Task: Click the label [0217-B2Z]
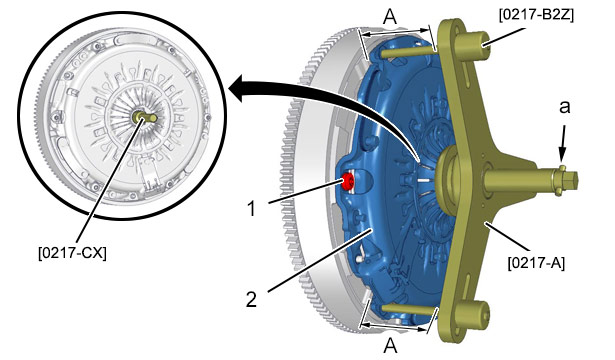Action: pos(536,15)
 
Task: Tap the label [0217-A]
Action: pos(536,262)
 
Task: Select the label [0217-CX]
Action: pos(72,253)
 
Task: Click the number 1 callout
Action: pos(251,209)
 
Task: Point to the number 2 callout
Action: pos(251,300)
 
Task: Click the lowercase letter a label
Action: pos(564,107)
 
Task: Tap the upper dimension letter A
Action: pos(389,17)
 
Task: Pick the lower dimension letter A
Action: pos(390,346)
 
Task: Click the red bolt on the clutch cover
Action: pos(348,181)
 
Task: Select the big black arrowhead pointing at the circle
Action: pos(240,89)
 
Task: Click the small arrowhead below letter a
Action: pos(563,156)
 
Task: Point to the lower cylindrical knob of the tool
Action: pos(473,316)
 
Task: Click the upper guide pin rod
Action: pos(409,51)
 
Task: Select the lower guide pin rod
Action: pos(409,310)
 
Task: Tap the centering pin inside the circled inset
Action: pos(145,117)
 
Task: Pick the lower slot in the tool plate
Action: pos(469,283)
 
